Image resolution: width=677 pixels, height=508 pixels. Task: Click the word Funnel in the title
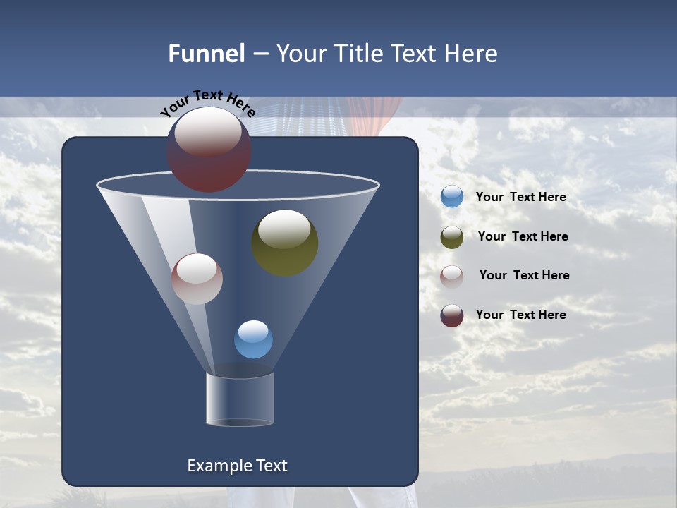click(x=206, y=54)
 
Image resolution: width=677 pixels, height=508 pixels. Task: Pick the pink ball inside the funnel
click(x=197, y=279)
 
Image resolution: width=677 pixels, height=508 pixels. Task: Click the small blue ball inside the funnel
click(x=253, y=340)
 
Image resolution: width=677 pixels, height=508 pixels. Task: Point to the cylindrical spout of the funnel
click(x=240, y=399)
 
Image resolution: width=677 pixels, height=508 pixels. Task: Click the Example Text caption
click(x=237, y=466)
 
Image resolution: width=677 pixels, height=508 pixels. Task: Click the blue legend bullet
click(x=452, y=197)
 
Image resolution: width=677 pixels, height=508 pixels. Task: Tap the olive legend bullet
click(x=452, y=237)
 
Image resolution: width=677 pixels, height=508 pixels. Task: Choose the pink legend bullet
click(x=452, y=277)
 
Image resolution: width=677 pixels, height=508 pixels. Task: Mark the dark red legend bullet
click(x=452, y=315)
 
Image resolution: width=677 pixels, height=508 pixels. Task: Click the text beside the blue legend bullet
click(x=520, y=197)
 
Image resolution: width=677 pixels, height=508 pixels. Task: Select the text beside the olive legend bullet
click(x=523, y=236)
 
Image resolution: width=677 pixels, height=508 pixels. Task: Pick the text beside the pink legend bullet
click(x=524, y=275)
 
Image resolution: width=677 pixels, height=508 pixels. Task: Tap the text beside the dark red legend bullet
click(x=520, y=315)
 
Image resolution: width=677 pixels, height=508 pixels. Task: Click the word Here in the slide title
click(x=472, y=54)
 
